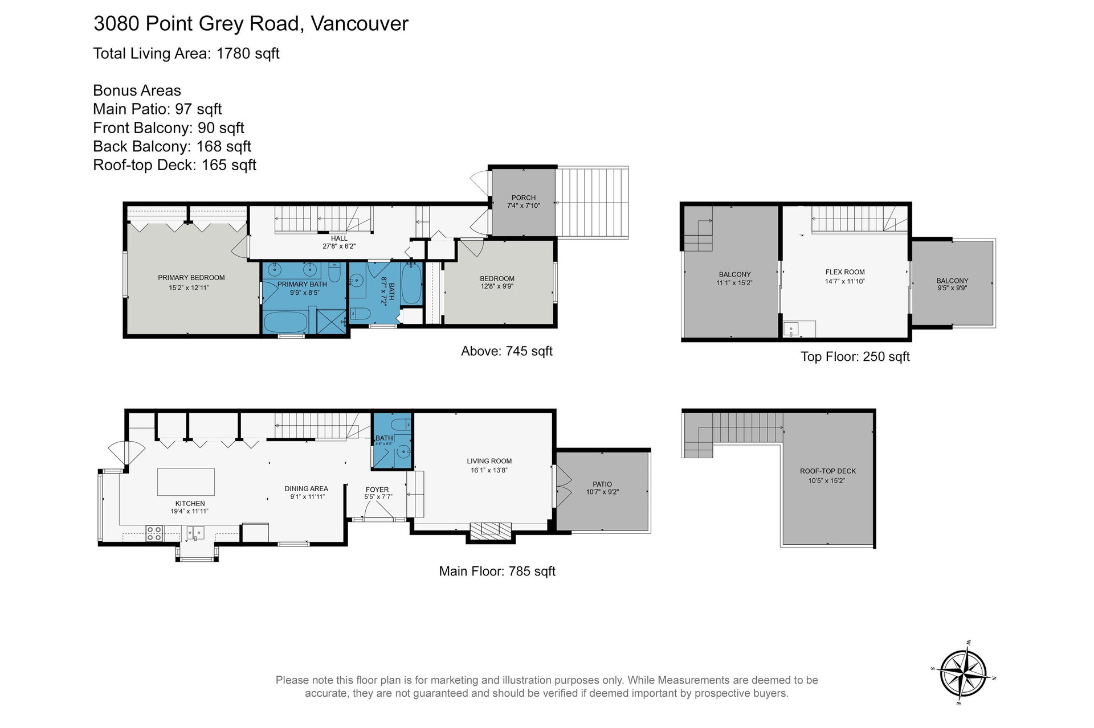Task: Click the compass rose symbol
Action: (x=963, y=673)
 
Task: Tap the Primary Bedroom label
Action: (x=191, y=278)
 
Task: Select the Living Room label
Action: (x=489, y=461)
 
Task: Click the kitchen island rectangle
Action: (x=186, y=482)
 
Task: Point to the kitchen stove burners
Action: (x=154, y=533)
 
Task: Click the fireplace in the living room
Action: (x=489, y=530)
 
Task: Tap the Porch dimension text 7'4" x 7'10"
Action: (x=524, y=206)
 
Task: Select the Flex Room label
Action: (x=845, y=272)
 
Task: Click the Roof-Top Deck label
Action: (x=828, y=471)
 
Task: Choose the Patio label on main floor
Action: (x=602, y=484)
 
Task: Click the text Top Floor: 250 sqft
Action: (x=855, y=357)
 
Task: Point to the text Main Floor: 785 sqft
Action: (x=497, y=571)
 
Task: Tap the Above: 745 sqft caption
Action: (x=507, y=351)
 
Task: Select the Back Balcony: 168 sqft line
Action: (x=172, y=146)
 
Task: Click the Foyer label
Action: (x=377, y=490)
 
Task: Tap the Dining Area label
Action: (x=307, y=488)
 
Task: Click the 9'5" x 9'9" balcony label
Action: (x=952, y=288)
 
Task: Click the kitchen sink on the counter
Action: (x=195, y=533)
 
